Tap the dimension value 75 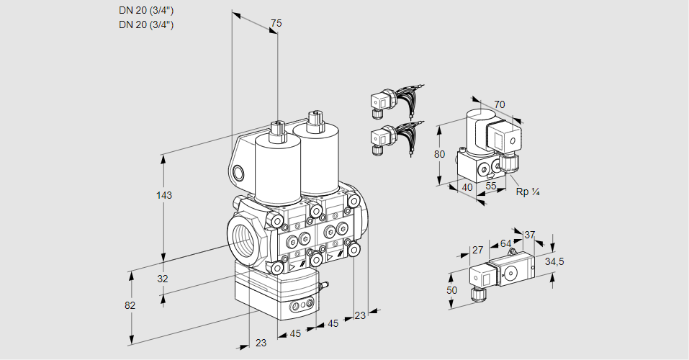pos(276,24)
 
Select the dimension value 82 pos(130,305)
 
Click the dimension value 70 pos(500,105)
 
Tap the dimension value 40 pos(467,187)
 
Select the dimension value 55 pos(492,186)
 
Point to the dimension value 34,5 pos(554,261)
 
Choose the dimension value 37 pos(529,235)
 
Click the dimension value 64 pos(505,243)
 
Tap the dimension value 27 pos(477,250)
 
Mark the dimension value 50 pos(451,289)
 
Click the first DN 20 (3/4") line pos(146,11)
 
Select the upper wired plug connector pos(380,102)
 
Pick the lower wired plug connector pos(380,138)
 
